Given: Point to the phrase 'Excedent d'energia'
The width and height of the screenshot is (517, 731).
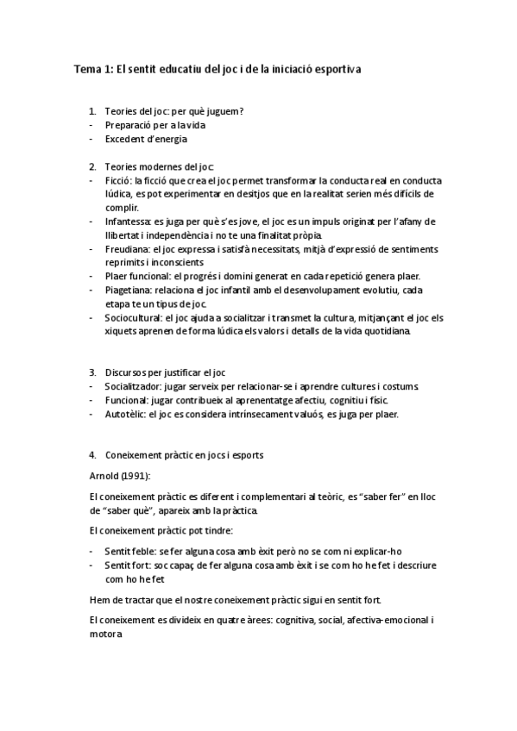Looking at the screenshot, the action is click(x=146, y=139).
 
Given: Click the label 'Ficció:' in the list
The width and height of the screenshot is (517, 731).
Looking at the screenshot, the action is click(x=118, y=180).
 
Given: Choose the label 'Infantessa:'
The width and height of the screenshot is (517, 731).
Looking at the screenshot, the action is click(x=129, y=222).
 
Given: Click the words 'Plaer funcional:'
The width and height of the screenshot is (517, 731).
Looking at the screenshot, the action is click(x=137, y=276).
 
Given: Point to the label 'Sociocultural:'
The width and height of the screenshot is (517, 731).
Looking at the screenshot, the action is click(x=136, y=317).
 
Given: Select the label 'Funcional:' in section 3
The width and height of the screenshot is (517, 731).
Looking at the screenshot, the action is click(x=127, y=400).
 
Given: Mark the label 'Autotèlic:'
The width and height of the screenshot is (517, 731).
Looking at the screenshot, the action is click(x=125, y=414).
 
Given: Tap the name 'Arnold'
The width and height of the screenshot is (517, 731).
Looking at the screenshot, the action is click(x=104, y=475).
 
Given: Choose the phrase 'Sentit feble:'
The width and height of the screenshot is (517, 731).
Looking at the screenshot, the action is click(x=133, y=551).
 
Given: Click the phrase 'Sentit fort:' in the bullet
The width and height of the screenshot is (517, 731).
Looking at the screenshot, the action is click(x=130, y=565).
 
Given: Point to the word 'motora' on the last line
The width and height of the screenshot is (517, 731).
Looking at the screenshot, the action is click(x=105, y=634).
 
